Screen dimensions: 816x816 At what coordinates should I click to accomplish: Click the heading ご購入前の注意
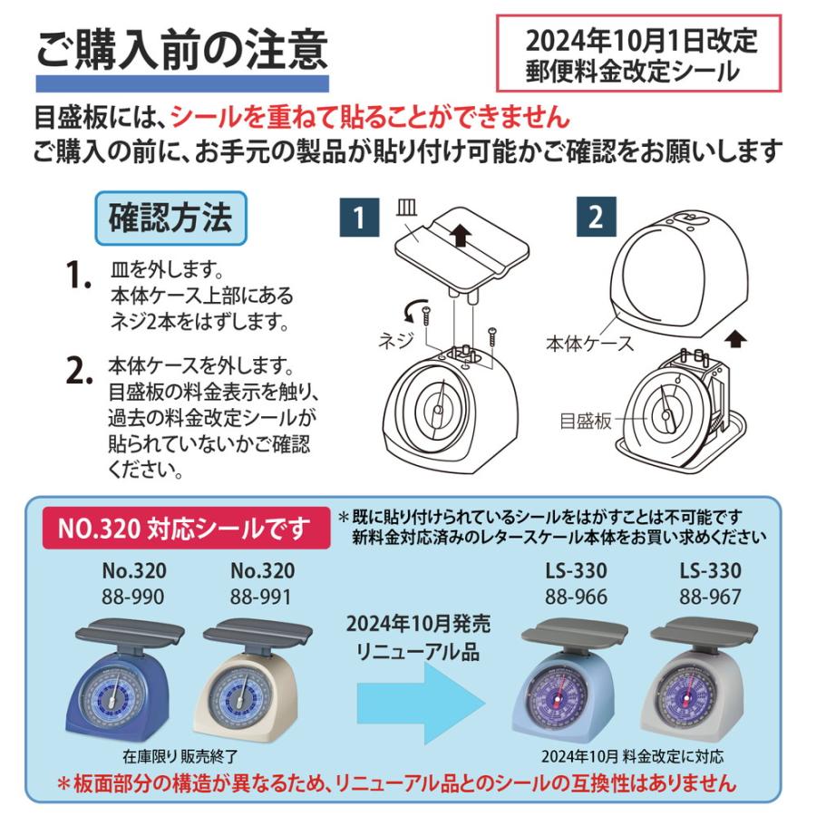(x=181, y=49)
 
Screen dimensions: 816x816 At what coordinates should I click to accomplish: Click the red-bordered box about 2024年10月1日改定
(x=639, y=53)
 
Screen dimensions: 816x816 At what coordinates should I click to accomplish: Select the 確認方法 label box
(x=170, y=219)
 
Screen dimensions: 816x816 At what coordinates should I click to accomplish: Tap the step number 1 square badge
(x=359, y=219)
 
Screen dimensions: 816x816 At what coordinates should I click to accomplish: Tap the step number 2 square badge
(x=595, y=219)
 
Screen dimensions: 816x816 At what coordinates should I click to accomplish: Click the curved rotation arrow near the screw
(x=417, y=314)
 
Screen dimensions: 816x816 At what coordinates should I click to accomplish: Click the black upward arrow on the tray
(x=461, y=238)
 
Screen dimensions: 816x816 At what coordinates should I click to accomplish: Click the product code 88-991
(x=261, y=597)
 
